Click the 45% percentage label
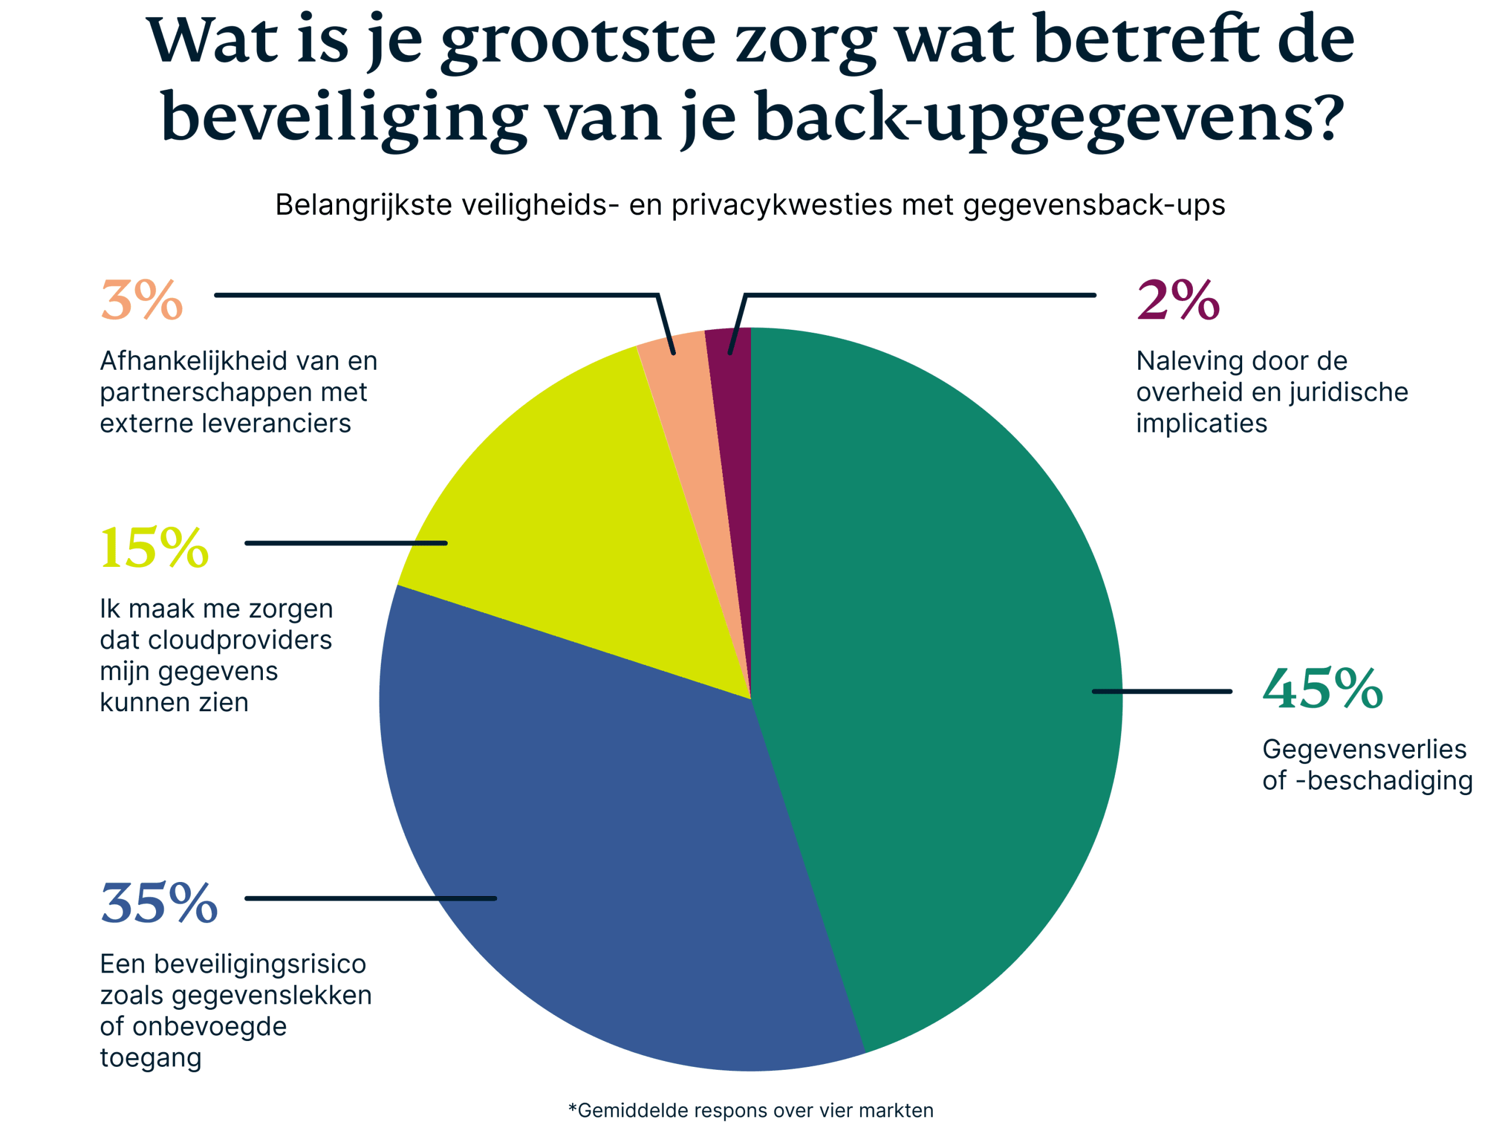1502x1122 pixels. point(1322,689)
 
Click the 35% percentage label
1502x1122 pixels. point(159,903)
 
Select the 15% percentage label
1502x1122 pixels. point(154,548)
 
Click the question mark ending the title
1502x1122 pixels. point(1325,117)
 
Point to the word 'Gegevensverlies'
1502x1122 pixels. point(1364,750)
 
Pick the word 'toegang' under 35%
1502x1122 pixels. point(151,1058)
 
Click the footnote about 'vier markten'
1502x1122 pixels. point(750,1110)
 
